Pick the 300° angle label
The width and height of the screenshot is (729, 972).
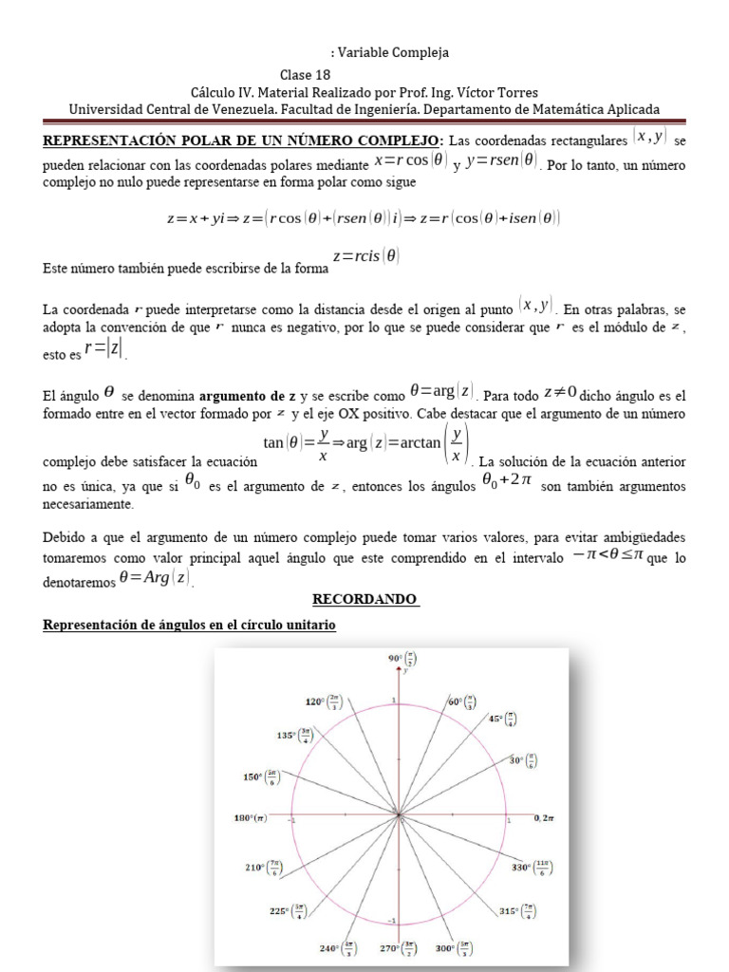[x=454, y=947]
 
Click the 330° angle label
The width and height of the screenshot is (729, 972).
[x=530, y=867]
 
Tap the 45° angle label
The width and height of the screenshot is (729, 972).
[x=503, y=720]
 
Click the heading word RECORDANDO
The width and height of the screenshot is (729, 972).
[x=365, y=600]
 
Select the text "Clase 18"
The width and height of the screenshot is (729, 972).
[x=306, y=74]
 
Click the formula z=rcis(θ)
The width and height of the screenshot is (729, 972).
[x=365, y=255]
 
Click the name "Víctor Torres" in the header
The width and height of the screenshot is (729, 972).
[x=497, y=92]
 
